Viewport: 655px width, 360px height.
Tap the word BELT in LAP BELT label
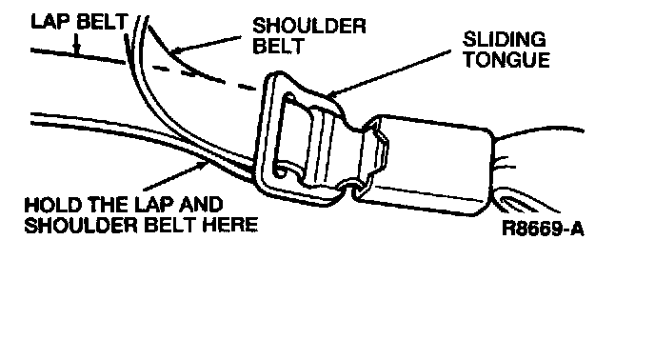(x=102, y=21)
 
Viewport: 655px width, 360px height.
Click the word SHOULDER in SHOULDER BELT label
(x=309, y=26)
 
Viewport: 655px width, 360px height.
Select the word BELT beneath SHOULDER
(x=278, y=46)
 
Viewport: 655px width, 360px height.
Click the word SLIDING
(x=505, y=39)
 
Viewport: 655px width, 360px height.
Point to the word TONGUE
(x=506, y=59)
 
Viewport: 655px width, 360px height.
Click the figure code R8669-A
(x=543, y=229)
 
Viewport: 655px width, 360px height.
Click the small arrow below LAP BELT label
(x=76, y=45)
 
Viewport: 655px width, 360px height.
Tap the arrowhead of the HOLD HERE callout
(x=203, y=165)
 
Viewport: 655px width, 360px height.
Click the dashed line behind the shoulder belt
(x=205, y=77)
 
